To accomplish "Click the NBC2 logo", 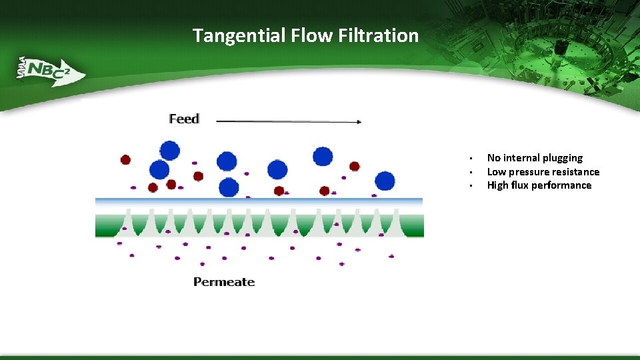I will pos(50,70).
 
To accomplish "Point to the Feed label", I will pos(184,119).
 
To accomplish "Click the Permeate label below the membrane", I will pos(224,282).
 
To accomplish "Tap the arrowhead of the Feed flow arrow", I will pos(358,121).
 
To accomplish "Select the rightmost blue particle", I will pos(385,181).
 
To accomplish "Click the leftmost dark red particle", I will pos(125,159).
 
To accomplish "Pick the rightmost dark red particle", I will pos(355,166).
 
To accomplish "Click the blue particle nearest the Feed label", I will pos(170,150).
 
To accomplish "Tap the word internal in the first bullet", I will pos(521,158).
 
